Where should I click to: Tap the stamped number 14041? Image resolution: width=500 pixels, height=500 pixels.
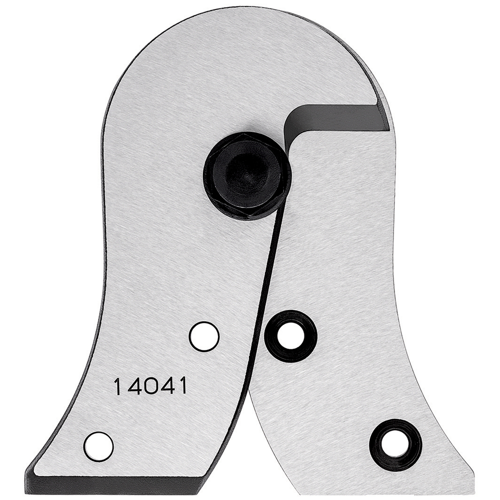tap(150, 386)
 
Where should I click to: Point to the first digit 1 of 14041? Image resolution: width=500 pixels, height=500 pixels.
tap(117, 386)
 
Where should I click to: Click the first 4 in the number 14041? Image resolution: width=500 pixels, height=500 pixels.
tap(132, 386)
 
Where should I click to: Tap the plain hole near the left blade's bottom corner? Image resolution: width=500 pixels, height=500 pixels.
tap(98, 446)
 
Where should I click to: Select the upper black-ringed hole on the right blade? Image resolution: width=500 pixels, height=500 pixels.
tap(290, 336)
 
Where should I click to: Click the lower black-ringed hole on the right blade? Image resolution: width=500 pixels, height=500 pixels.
tap(395, 444)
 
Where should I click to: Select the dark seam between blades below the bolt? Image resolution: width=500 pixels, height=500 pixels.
tap(267, 280)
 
